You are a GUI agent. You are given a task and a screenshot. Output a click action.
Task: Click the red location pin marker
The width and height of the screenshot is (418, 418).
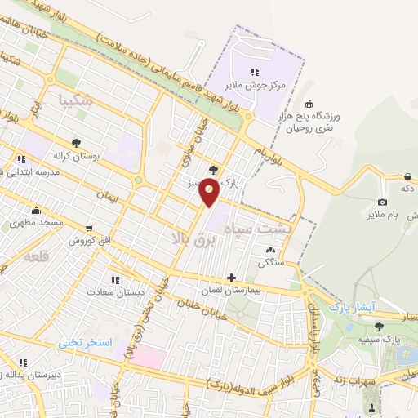click(x=210, y=193)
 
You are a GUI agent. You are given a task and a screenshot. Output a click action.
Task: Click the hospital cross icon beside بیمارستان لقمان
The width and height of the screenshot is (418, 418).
click(x=232, y=278)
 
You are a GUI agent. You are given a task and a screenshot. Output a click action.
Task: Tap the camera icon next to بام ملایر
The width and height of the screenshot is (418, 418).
click(x=382, y=202)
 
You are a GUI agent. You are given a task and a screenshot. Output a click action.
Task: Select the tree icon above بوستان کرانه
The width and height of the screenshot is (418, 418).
click(x=76, y=141)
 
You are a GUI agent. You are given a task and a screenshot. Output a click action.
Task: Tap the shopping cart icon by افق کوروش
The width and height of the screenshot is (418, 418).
click(x=88, y=229)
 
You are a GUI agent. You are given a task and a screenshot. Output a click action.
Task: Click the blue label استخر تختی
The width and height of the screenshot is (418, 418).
click(x=85, y=343)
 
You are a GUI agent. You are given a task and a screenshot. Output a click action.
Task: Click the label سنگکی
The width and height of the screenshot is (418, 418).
click(x=271, y=263)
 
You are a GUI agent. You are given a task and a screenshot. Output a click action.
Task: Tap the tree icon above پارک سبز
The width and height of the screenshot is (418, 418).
click(x=214, y=170)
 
